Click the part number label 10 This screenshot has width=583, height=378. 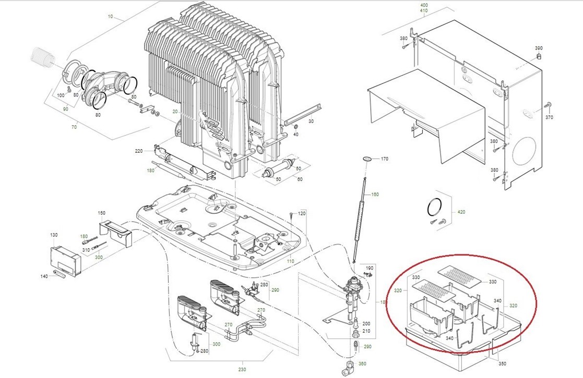110,17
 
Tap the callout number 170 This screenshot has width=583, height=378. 384,158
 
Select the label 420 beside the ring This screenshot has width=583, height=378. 460,212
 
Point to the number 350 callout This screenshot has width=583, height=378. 502,363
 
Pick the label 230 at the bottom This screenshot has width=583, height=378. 242,370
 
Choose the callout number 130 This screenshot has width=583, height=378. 54,235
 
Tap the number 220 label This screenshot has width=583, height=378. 138,151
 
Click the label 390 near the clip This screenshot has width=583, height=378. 539,48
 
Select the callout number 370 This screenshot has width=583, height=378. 549,118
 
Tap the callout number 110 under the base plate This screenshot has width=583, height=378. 291,261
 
